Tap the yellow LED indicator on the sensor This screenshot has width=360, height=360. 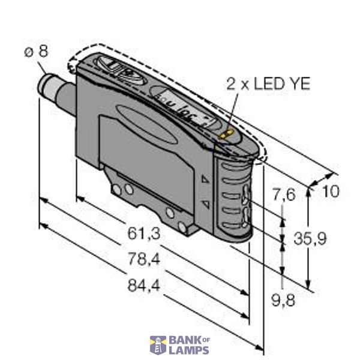click(227, 135)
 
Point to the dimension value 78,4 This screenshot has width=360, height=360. click(145, 260)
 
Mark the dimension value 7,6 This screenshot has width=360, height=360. click(284, 195)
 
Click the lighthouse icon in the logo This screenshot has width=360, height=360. click(158, 345)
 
